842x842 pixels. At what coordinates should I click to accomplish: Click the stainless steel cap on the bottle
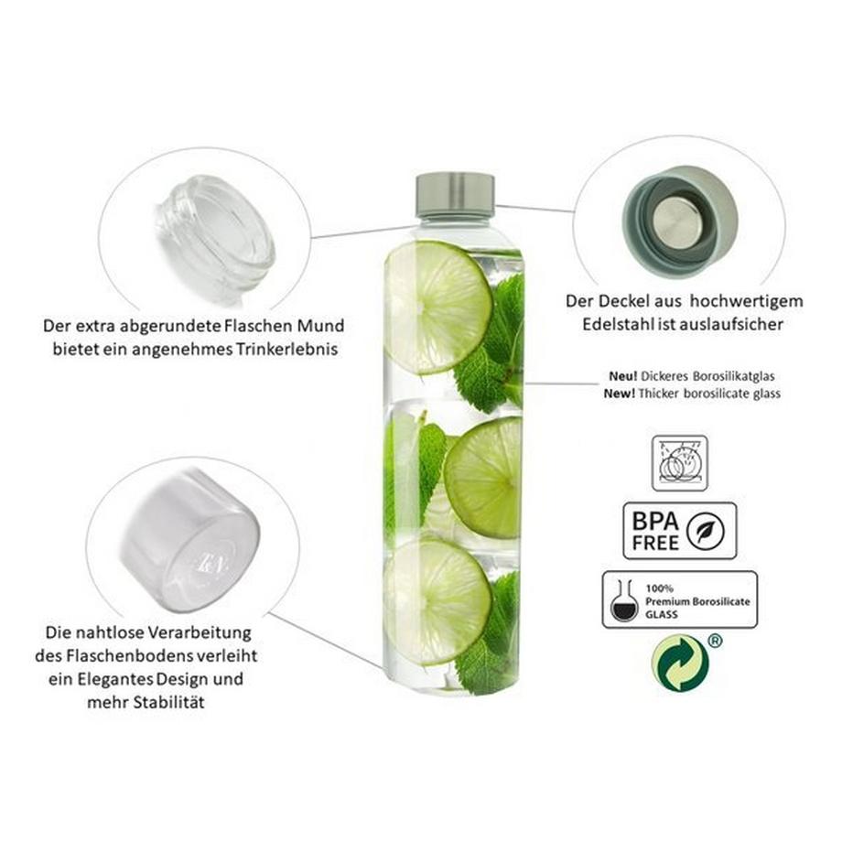pyautogui.click(x=455, y=193)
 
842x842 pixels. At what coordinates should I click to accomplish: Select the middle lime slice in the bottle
pyautogui.click(x=484, y=477)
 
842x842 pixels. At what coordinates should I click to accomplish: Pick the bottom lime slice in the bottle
pyautogui.click(x=437, y=600)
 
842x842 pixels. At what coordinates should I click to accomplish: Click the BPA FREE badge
pyautogui.click(x=679, y=531)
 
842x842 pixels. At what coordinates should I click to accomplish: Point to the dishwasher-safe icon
pyautogui.click(x=679, y=463)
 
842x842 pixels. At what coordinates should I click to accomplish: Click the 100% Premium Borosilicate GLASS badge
pyautogui.click(x=679, y=599)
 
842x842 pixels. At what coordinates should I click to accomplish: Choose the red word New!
pyautogui.click(x=621, y=394)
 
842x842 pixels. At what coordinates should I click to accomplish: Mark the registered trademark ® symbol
pyautogui.click(x=715, y=641)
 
